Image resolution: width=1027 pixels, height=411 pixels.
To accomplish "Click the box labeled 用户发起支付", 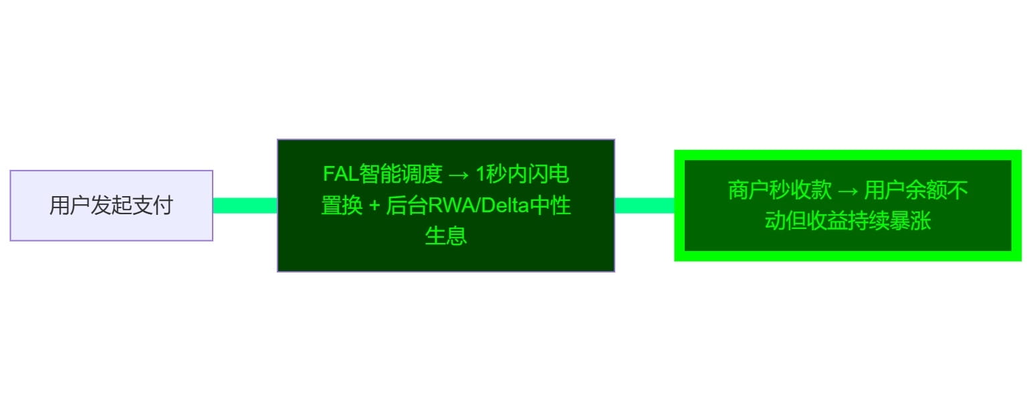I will (x=111, y=205).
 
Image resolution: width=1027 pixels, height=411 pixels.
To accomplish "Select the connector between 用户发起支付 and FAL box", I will (x=245, y=205).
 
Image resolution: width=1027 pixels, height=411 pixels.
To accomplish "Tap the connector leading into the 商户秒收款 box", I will (x=644, y=205).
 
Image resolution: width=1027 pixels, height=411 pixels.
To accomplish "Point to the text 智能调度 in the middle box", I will (x=401, y=175).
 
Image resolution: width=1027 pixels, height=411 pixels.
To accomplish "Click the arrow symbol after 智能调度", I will (x=459, y=175).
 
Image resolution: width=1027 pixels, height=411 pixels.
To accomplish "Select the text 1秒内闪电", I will (x=522, y=175).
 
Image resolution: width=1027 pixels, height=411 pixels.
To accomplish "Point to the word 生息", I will (x=445, y=236).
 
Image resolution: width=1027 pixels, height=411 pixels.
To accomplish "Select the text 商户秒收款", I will (x=780, y=191).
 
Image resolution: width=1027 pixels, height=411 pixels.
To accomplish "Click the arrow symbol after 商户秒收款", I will (x=848, y=191).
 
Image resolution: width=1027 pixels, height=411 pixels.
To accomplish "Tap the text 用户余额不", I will (x=916, y=191).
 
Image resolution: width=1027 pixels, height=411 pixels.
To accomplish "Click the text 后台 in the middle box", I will (x=407, y=205).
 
